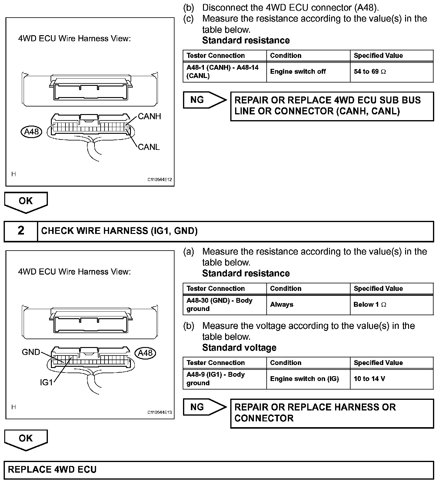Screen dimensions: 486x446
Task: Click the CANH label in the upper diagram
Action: coord(149,116)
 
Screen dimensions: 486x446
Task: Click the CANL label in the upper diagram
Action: coord(148,147)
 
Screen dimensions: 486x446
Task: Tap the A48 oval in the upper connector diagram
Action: coord(32,132)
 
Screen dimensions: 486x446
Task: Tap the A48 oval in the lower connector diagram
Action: coord(145,353)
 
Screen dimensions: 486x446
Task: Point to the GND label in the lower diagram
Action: coord(31,352)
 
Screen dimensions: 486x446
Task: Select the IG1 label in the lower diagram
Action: coord(46,383)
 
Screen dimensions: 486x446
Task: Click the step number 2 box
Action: coord(21,231)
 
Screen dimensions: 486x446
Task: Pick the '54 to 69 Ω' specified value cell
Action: coord(370,72)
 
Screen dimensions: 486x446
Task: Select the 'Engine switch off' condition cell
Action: coord(298,72)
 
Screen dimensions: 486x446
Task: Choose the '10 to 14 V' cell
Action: coord(369,379)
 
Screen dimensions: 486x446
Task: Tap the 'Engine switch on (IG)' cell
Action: coord(304,379)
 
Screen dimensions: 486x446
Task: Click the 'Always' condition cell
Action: coord(281,305)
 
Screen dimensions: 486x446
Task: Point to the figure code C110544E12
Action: coord(160,180)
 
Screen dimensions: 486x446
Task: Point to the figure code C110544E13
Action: coord(160,412)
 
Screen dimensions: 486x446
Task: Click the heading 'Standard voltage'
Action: coord(239,348)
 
